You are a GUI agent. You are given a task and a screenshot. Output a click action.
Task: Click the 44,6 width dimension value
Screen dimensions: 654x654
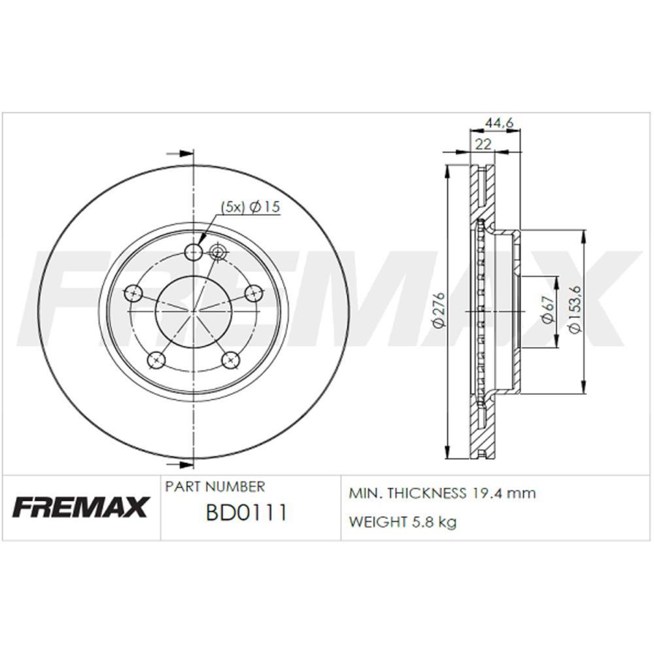(499, 122)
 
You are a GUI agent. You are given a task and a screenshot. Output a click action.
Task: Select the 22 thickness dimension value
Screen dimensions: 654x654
(483, 145)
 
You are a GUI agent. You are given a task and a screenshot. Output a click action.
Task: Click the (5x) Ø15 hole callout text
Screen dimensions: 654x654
(250, 207)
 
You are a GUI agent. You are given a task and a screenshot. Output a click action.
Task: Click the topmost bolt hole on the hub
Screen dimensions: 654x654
(194, 252)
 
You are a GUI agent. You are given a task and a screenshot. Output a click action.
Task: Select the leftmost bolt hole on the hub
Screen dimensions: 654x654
(133, 294)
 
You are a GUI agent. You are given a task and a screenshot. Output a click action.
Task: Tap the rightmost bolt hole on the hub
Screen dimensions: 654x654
(253, 294)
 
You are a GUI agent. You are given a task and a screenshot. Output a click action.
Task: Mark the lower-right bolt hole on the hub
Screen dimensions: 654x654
(230, 359)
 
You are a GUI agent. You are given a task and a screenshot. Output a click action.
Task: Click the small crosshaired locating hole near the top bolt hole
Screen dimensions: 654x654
(218, 251)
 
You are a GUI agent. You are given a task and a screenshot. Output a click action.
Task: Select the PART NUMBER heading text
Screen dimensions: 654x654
(215, 487)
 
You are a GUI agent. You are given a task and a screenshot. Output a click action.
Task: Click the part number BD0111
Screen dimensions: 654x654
(247, 513)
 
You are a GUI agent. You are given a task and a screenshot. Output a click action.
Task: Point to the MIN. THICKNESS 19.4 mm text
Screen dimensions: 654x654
(442, 493)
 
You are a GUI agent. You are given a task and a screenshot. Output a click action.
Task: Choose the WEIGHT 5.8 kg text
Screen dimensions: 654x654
(402, 522)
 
